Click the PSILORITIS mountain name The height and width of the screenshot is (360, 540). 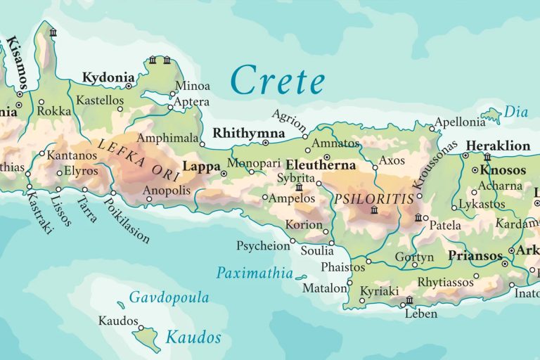click(374, 199)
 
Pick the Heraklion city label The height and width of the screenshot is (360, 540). click(498, 146)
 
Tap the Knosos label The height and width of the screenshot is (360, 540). click(503, 170)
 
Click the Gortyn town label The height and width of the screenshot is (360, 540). click(414, 257)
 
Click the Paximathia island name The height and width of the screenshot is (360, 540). click(254, 273)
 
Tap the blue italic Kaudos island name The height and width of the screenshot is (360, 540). click(193, 337)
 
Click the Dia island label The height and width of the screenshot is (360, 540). click(516, 111)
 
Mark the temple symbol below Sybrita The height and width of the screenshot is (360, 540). click(299, 188)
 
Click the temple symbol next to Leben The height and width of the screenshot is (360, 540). click(409, 301)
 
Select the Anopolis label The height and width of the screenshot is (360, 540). click(166, 191)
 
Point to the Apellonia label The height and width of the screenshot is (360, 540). click(460, 122)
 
